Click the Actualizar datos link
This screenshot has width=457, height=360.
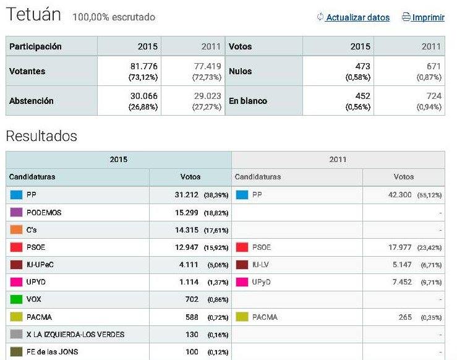click(x=357, y=17)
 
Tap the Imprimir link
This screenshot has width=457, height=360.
click(x=428, y=17)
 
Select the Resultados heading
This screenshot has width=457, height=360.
click(x=41, y=135)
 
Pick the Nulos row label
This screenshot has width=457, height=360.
click(x=239, y=71)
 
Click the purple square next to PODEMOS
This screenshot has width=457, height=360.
click(x=16, y=212)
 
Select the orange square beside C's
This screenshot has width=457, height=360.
click(x=16, y=229)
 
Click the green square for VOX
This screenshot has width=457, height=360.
click(x=16, y=299)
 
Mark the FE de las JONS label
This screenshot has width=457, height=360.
click(x=53, y=352)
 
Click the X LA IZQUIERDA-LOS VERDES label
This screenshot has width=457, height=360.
click(x=75, y=335)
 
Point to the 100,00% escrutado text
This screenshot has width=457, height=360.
click(x=114, y=17)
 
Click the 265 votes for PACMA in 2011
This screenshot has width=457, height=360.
click(x=406, y=317)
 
